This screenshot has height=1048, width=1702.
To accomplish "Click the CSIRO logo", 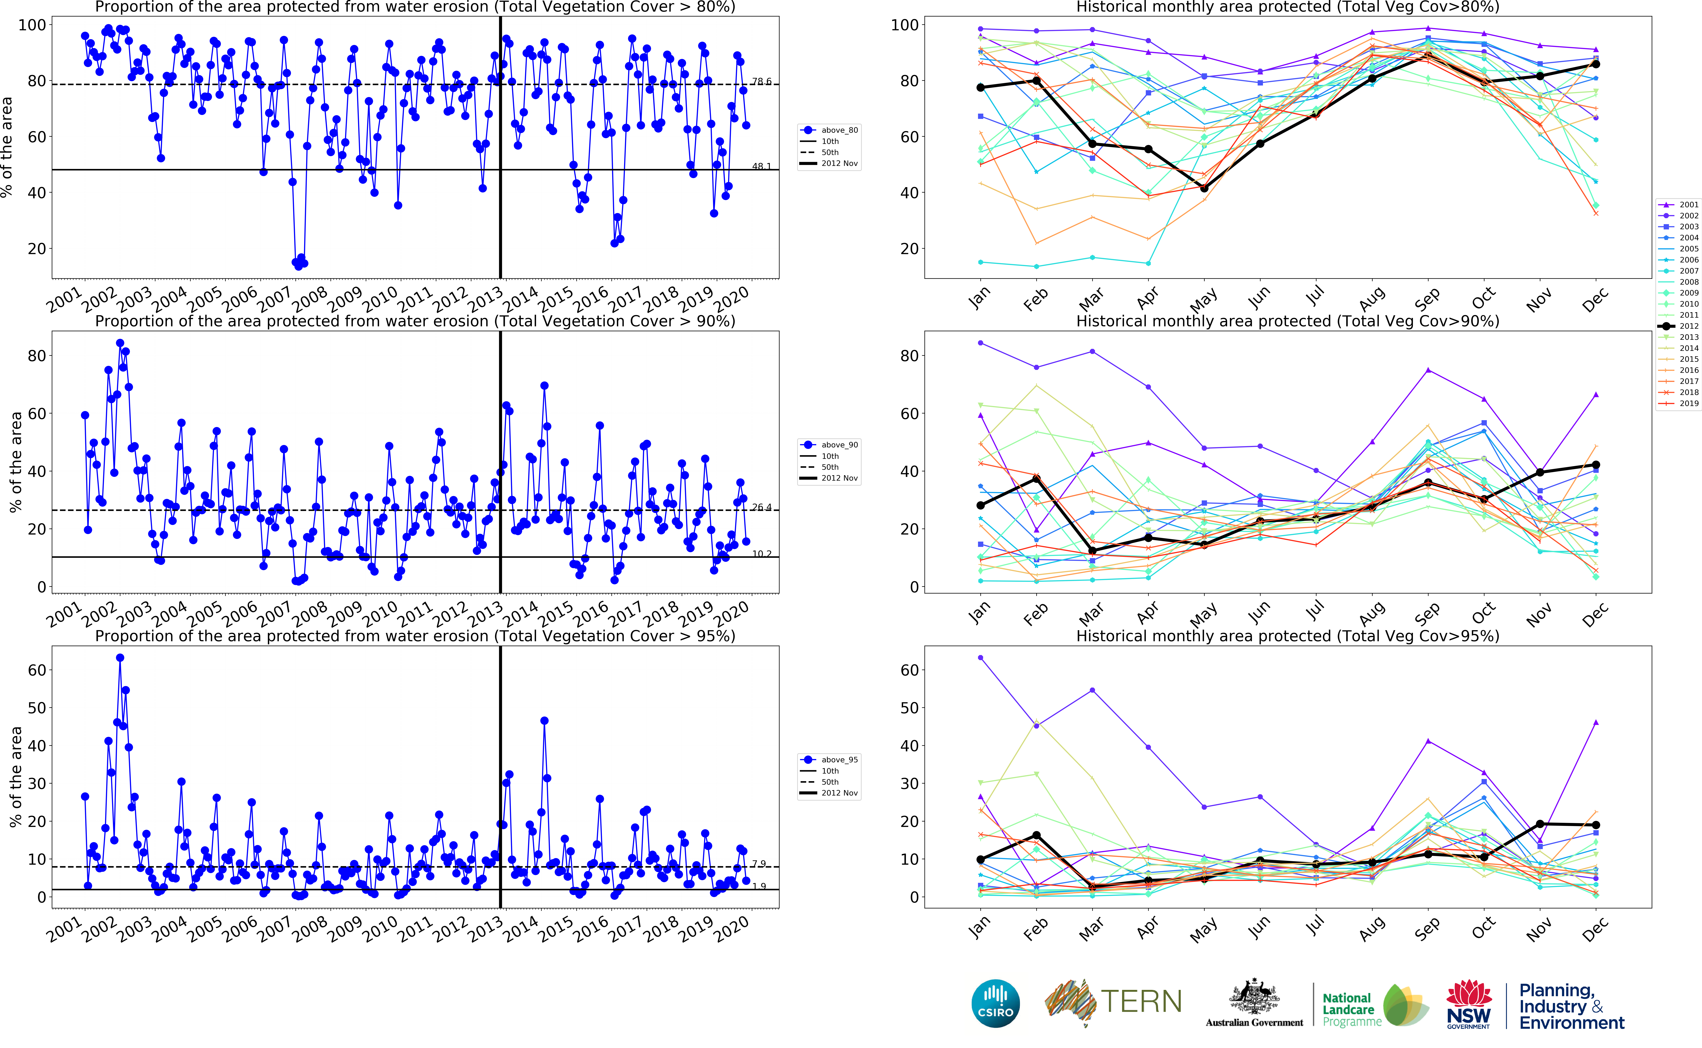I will pos(996,1004).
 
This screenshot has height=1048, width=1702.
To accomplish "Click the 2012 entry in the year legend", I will pos(1689,326).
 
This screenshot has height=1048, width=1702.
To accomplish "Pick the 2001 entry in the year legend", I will pos(1689,205).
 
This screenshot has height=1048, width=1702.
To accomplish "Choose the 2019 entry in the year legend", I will pos(1689,403).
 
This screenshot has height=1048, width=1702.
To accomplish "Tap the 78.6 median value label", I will pos(761,82).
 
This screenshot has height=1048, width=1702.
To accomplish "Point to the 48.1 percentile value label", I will pos(761,166).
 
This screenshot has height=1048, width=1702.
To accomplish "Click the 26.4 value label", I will pos(761,507).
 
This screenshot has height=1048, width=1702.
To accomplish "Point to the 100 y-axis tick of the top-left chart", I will pos(32,25).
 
